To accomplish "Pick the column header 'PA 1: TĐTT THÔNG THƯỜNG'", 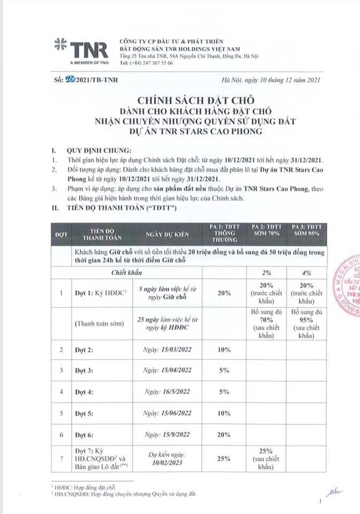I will point(224,235).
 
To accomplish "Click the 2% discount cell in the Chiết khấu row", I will point(266,274).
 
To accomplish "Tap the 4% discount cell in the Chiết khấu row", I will point(307,274).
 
